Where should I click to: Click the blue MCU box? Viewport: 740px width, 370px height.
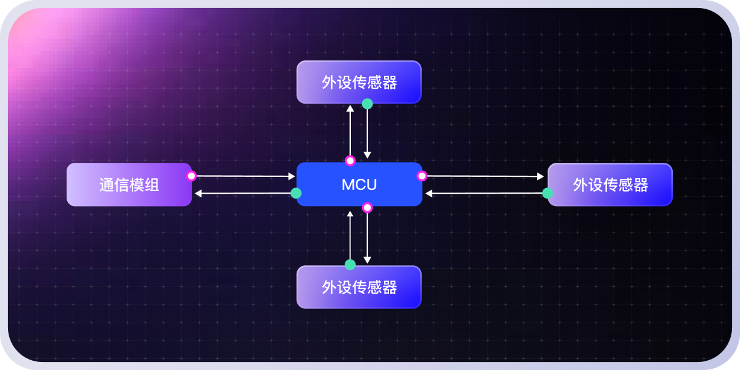pos(359,184)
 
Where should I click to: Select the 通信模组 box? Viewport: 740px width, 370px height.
pos(129,184)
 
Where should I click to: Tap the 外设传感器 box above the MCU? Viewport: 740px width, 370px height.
pos(359,82)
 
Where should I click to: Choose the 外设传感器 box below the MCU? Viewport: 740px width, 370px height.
pos(359,287)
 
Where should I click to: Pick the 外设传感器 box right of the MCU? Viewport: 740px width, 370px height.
pos(610,184)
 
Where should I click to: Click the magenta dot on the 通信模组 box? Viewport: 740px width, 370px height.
pos(191,176)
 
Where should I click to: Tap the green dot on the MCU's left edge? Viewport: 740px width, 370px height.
pos(296,193)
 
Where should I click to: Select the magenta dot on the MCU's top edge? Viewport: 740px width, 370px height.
pos(350,161)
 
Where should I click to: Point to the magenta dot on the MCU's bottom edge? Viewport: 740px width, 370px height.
pos(368,208)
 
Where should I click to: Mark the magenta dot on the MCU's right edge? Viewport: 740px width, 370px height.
pos(422,176)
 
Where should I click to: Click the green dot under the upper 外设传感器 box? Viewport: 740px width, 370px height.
pos(368,104)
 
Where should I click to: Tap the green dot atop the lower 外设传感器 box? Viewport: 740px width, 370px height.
pos(350,265)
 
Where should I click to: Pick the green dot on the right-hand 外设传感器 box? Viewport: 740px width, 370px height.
pos(548,193)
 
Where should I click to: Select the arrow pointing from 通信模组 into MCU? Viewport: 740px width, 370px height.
pos(244,176)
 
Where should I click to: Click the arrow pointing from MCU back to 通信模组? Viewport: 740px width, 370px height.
pos(244,194)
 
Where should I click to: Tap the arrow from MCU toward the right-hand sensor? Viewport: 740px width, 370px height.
pos(485,176)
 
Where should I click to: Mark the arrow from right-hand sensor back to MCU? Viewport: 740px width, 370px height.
pos(485,194)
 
